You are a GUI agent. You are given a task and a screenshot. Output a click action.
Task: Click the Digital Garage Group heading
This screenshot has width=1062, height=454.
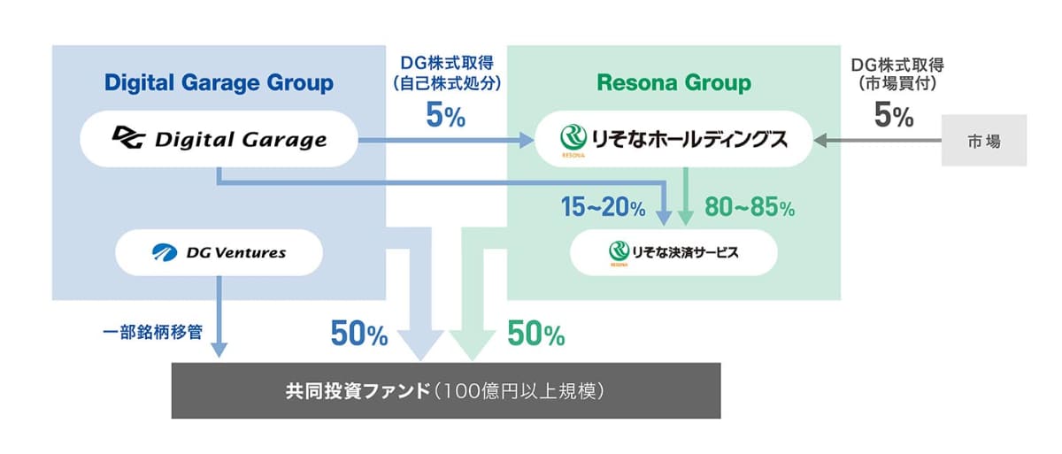(x=219, y=83)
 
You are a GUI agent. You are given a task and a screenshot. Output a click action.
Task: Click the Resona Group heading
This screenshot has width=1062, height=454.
(x=673, y=83)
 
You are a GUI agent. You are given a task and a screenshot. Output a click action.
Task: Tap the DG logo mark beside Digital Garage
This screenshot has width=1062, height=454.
(x=128, y=137)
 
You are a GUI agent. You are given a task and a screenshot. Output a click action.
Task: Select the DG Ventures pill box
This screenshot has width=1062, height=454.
(x=219, y=252)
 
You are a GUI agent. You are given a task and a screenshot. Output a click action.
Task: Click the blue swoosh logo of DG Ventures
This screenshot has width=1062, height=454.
(x=165, y=252)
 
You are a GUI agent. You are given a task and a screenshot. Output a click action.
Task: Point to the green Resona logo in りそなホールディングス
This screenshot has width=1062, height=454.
(x=573, y=139)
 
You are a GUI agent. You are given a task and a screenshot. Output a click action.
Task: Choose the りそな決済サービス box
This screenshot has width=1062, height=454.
(x=673, y=252)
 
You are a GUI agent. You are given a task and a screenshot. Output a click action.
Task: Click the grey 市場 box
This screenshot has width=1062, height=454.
(x=984, y=141)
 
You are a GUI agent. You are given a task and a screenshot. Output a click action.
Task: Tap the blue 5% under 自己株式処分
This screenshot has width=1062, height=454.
(x=445, y=115)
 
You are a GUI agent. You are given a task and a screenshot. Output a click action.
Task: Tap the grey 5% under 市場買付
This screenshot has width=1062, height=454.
(x=894, y=115)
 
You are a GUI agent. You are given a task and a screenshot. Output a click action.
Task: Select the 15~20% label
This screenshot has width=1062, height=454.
(x=603, y=207)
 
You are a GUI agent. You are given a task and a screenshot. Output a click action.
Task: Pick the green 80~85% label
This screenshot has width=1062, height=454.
(x=750, y=207)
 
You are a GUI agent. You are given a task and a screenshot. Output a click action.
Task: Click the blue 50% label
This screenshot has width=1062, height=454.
(x=359, y=333)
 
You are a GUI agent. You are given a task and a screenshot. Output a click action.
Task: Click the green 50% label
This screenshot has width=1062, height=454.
(x=535, y=333)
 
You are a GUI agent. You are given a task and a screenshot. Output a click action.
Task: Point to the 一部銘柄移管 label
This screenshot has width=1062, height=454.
(x=152, y=332)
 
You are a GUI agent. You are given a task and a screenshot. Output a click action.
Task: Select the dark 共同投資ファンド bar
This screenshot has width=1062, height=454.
(x=446, y=391)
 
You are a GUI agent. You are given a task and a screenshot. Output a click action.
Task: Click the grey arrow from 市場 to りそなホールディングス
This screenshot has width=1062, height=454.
(x=877, y=141)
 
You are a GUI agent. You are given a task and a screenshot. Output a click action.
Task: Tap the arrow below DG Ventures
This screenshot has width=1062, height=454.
(x=219, y=317)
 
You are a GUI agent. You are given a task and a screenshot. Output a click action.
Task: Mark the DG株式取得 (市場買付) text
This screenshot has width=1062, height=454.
(x=897, y=74)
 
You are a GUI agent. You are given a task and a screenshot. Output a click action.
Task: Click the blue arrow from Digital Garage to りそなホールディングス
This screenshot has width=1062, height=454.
(x=446, y=141)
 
